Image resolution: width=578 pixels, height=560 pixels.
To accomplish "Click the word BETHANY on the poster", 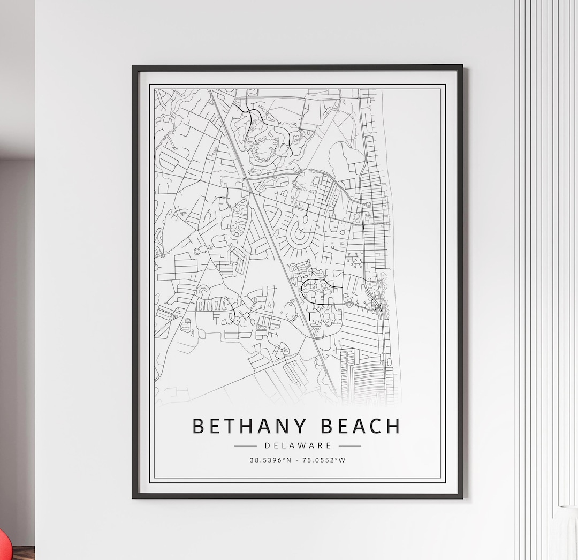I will (249, 426).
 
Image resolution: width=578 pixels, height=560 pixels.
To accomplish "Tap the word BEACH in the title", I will (361, 426).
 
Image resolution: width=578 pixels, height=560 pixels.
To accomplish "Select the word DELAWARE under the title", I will (298, 445).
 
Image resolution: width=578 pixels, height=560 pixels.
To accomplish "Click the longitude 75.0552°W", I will (324, 460).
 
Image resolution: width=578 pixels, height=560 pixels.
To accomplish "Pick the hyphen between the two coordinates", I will (298, 460).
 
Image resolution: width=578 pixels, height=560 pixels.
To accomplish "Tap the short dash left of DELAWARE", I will (246, 445).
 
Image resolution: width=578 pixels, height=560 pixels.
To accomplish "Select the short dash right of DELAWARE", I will (349, 445).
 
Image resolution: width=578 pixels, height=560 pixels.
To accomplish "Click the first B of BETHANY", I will (198, 426).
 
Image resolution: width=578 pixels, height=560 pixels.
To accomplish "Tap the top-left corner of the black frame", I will (134, 67).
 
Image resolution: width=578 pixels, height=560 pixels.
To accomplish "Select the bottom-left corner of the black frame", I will (134, 497).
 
